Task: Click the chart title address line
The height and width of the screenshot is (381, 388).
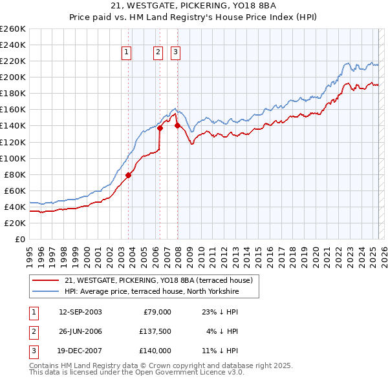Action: coord(193,6)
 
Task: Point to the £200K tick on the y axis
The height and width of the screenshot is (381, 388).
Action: coord(14,77)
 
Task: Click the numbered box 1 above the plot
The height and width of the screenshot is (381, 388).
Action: coord(125,53)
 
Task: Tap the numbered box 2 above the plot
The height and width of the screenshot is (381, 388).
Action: coord(158,53)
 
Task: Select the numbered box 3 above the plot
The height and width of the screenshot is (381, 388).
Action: coord(175,53)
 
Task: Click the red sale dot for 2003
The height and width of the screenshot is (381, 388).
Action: coord(128,174)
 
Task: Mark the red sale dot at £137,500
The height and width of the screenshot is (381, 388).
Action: coord(160,128)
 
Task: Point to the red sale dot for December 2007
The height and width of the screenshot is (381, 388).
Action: coord(177,126)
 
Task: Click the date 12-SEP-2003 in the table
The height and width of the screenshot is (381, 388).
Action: coord(80,312)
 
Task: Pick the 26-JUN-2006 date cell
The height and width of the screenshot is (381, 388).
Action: coord(80,331)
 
